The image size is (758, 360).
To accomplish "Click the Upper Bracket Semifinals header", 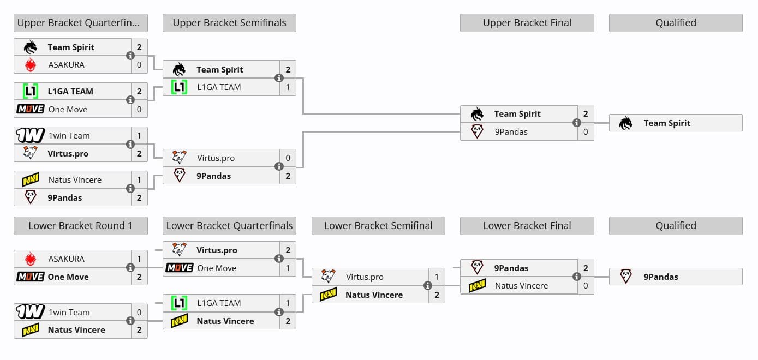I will tap(229, 23).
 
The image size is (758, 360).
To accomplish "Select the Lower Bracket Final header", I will tap(527, 226).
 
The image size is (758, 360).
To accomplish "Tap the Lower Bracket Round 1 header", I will tap(80, 226).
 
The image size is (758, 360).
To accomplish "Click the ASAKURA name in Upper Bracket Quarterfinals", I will tap(66, 65).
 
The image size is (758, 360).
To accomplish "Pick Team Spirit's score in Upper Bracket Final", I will tap(586, 114).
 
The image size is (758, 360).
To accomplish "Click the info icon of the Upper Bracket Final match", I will tap(576, 123).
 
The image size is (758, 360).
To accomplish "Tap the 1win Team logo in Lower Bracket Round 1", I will tap(31, 312).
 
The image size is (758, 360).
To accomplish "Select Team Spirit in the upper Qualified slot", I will tap(666, 123).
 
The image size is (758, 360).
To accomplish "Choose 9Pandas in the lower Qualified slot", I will tap(660, 277).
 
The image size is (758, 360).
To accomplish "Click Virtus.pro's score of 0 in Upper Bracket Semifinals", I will tap(288, 158).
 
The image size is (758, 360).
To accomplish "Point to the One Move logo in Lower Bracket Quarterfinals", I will tap(180, 268).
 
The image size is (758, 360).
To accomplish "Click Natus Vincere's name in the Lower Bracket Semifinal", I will tap(374, 295).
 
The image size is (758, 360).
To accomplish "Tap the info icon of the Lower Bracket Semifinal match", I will tap(427, 285).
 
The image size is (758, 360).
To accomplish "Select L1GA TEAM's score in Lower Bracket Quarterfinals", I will tap(288, 303).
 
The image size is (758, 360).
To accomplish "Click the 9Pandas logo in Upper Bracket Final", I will tap(477, 131).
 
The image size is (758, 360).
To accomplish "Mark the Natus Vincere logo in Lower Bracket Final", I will tap(477, 285).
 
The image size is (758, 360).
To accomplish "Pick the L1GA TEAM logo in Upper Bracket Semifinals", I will tap(180, 87).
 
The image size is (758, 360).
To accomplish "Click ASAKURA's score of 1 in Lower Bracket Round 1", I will tap(139, 259).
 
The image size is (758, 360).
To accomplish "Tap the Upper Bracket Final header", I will tap(527, 23).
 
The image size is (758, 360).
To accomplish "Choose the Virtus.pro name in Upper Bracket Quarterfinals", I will tap(68, 154).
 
